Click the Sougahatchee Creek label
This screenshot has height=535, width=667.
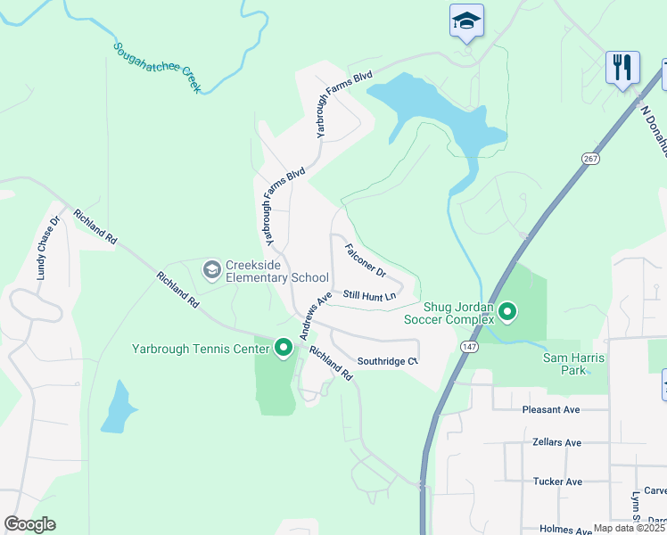pos(158,69)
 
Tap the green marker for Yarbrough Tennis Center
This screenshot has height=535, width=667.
pos(284,348)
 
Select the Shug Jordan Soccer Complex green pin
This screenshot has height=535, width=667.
pos(507,311)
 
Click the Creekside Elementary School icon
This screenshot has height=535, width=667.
pos(211,268)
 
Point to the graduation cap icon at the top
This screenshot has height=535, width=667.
pos(466,21)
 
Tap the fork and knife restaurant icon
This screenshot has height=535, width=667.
pos(622,67)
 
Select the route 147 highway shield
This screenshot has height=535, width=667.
pos(469,345)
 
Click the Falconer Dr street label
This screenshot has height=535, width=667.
pos(365,259)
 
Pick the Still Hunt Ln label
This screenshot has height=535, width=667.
pos(369,295)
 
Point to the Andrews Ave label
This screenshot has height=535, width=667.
pos(316,316)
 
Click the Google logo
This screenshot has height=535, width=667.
pos(29,524)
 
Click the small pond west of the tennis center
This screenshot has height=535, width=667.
pos(117,409)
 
